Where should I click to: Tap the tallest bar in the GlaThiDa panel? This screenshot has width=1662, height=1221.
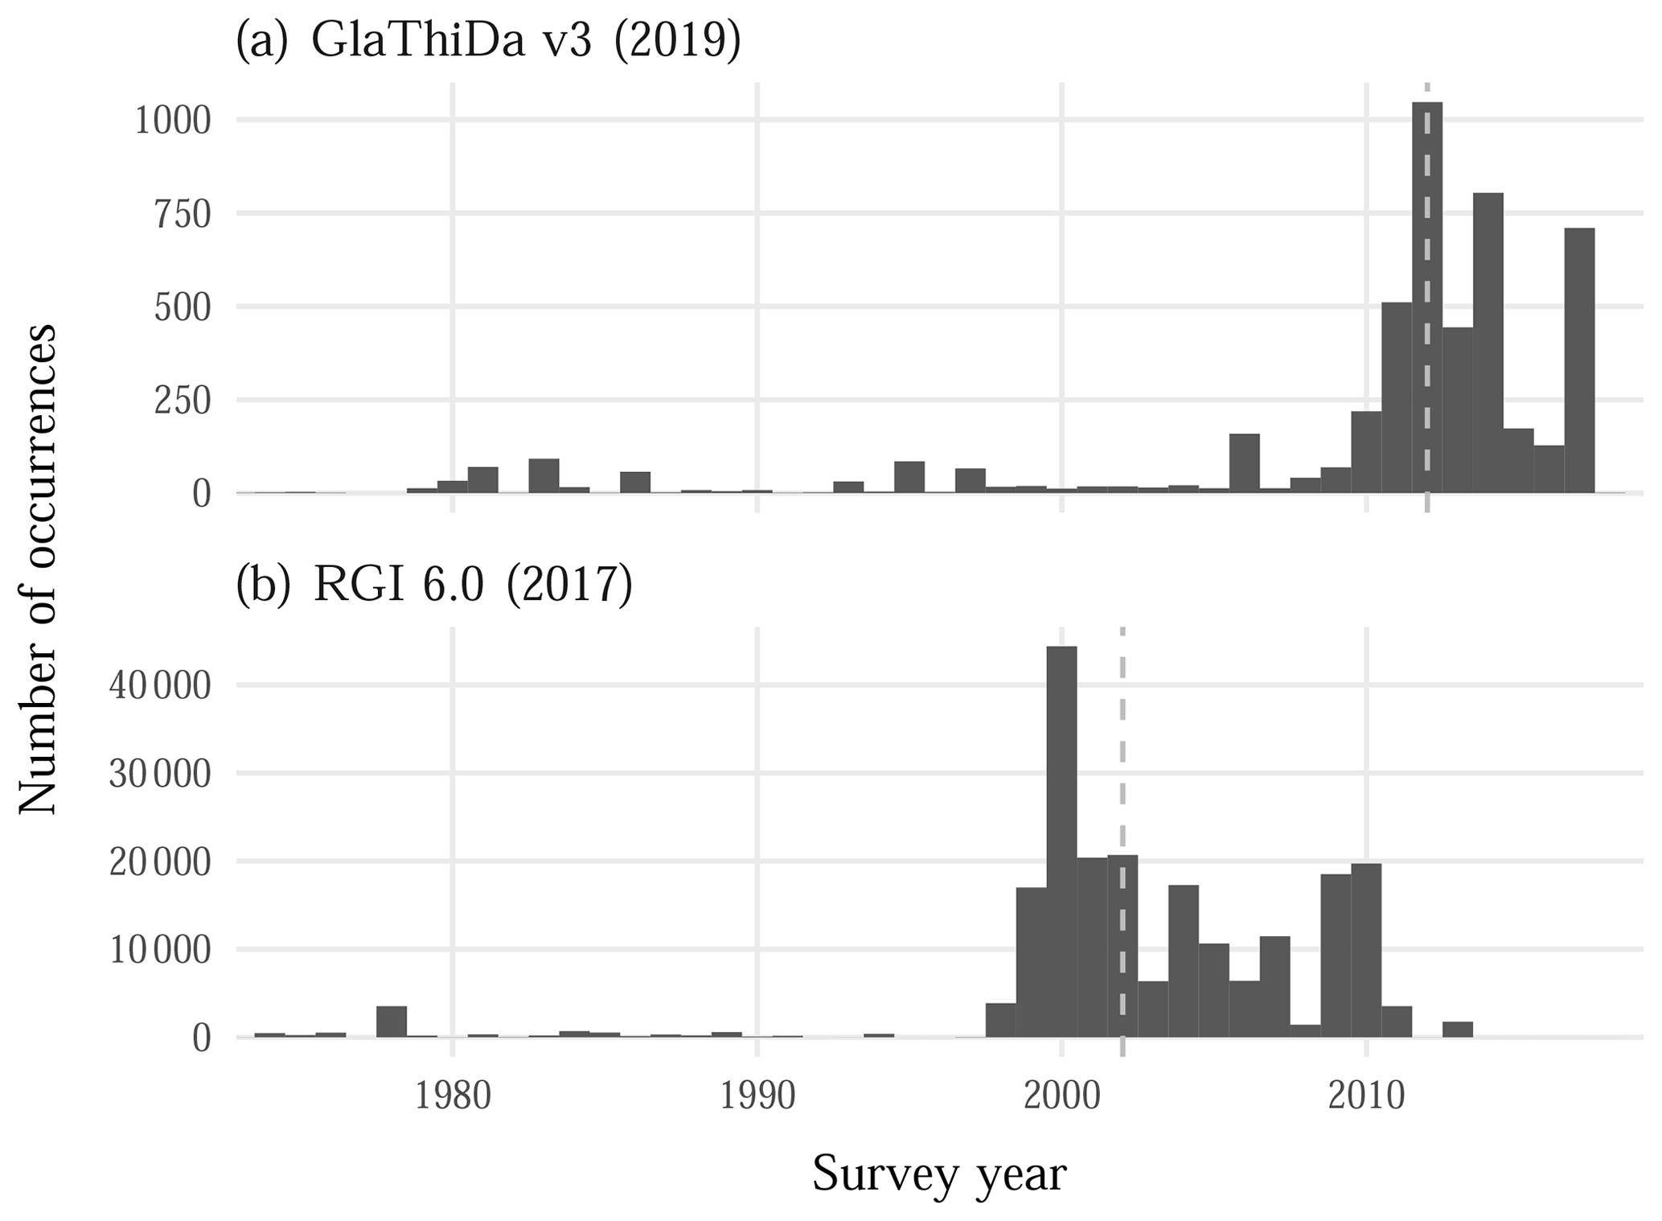(x=1426, y=298)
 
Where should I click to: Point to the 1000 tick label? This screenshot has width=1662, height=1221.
(x=172, y=121)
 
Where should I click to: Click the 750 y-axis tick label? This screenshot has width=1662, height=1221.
(x=183, y=215)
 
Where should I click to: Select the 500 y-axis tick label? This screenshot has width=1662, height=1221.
(x=183, y=308)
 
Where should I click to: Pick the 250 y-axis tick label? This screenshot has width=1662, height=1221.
(x=183, y=401)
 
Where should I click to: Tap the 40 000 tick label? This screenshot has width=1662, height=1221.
(x=161, y=686)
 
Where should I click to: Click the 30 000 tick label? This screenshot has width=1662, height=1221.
(x=161, y=774)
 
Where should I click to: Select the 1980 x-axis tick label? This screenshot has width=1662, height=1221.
(x=453, y=1096)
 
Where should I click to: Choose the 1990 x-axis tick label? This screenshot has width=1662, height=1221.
(x=757, y=1096)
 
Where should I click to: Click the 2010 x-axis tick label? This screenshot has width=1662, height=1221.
(x=1365, y=1096)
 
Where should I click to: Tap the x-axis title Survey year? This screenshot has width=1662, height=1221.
(x=938, y=1174)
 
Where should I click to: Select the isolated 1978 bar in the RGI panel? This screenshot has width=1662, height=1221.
(x=392, y=1022)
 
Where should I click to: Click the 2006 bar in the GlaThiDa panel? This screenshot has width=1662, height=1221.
(x=1244, y=462)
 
